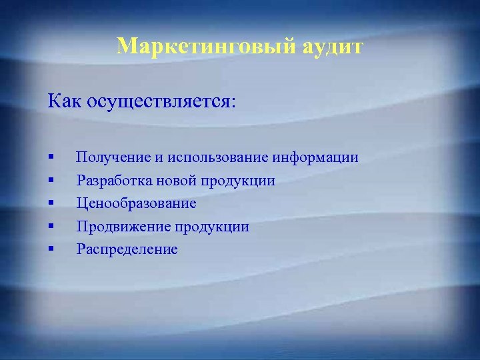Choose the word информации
tap(315, 158)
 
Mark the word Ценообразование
tap(136, 203)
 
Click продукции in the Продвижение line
tap(212, 227)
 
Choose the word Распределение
tap(127, 249)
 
